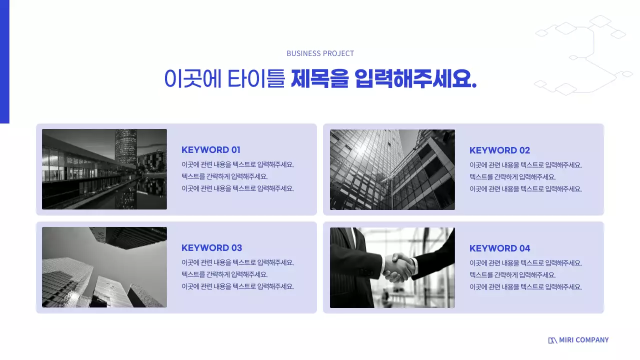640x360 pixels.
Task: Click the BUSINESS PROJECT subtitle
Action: (x=320, y=53)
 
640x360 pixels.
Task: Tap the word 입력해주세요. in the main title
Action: (x=415, y=79)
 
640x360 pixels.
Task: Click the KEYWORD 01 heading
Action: (x=211, y=150)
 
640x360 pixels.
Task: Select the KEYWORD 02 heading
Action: (x=499, y=150)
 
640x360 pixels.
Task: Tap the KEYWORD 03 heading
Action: (x=211, y=248)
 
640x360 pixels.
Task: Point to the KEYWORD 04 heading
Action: (x=499, y=248)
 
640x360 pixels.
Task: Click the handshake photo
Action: (x=392, y=267)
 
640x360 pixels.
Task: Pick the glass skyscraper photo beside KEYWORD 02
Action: (x=392, y=169)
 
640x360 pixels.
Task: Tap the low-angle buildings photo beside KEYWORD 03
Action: (x=104, y=267)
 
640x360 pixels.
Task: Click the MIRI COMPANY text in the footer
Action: (x=583, y=340)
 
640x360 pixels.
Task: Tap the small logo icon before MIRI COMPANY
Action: (x=552, y=340)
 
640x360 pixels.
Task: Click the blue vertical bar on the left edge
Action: (x=4, y=61)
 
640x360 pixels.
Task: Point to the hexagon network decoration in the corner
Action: (x=585, y=55)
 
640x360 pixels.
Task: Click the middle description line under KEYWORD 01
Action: (x=224, y=176)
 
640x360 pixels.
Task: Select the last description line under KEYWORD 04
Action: (x=525, y=287)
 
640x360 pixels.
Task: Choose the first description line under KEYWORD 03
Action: (x=237, y=262)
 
